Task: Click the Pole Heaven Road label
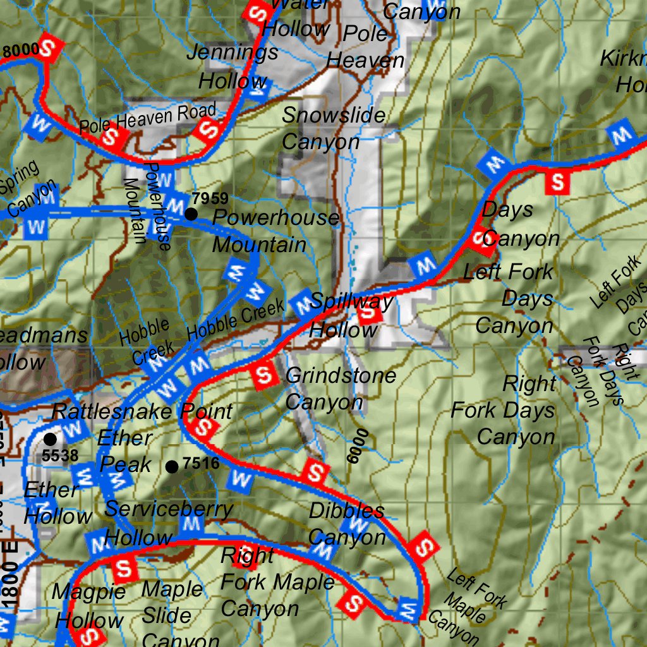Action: click(x=147, y=118)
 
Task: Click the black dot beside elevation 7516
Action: click(x=171, y=467)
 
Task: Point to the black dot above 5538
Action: click(x=50, y=438)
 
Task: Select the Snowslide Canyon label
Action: click(x=333, y=128)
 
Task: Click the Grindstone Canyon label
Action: click(x=341, y=389)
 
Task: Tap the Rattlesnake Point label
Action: click(x=142, y=411)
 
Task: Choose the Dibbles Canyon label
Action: click(x=346, y=524)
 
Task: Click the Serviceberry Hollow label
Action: click(x=168, y=523)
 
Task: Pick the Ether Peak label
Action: click(x=126, y=451)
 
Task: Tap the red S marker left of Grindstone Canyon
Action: click(x=263, y=376)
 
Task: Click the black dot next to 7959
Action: click(x=191, y=214)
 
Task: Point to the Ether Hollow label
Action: click(x=56, y=503)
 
